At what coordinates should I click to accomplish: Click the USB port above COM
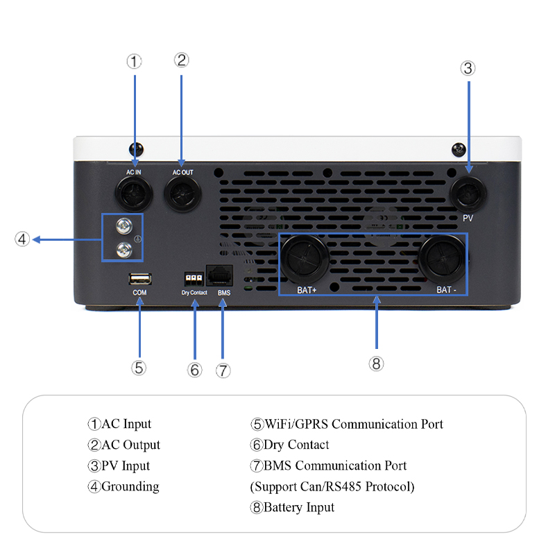(x=139, y=279)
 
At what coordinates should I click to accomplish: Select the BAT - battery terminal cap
(x=442, y=259)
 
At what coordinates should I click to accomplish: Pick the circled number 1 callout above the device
(x=134, y=62)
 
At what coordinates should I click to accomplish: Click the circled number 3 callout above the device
(x=468, y=68)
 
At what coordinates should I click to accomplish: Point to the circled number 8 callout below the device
(x=377, y=364)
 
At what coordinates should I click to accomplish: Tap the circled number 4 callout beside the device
(x=22, y=239)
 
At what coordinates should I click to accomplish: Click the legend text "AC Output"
(x=131, y=445)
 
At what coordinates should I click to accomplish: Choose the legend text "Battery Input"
(x=299, y=507)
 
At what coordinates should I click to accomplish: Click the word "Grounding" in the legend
(x=130, y=486)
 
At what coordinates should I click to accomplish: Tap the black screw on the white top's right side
(x=459, y=149)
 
